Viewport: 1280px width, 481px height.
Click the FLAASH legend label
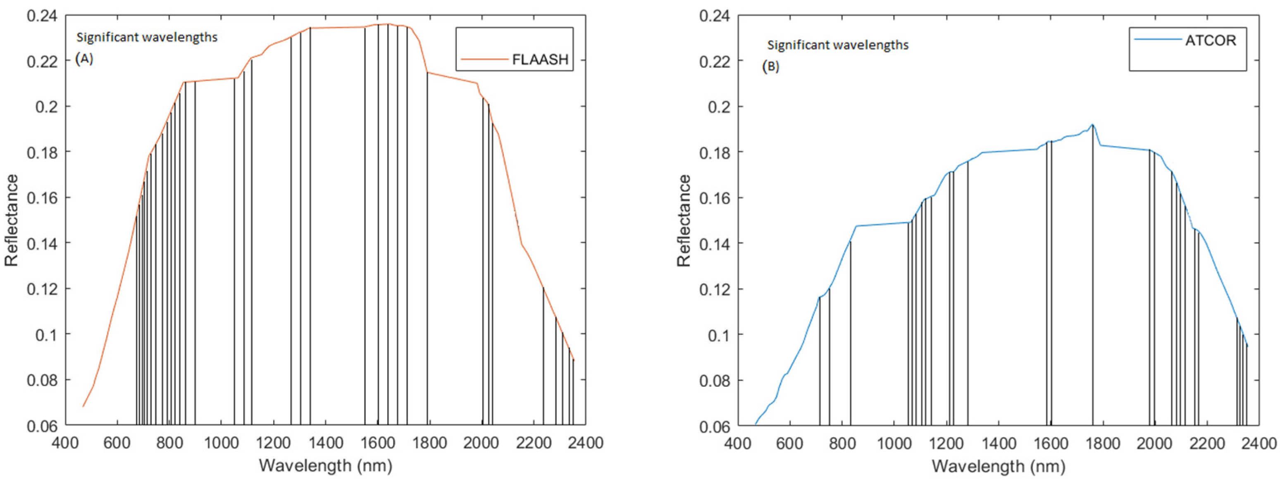pyautogui.click(x=540, y=60)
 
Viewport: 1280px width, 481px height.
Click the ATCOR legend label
pyautogui.click(x=1211, y=40)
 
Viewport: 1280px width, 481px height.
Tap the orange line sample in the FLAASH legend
pyautogui.click(x=484, y=60)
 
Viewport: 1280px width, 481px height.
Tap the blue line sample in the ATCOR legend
pyautogui.click(x=1158, y=39)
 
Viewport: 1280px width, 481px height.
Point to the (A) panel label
pyautogui.click(x=84, y=59)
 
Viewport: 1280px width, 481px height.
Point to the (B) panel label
pyautogui.click(x=771, y=67)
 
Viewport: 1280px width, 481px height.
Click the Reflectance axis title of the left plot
pyautogui.click(x=12, y=220)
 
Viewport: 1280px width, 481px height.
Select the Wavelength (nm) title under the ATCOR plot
pyautogui.click(x=998, y=466)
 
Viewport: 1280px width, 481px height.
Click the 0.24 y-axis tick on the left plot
pyautogui.click(x=42, y=16)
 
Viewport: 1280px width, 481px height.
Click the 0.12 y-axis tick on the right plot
pyautogui.click(x=715, y=289)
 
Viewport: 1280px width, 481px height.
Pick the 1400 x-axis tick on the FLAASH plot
pyautogui.click(x=325, y=442)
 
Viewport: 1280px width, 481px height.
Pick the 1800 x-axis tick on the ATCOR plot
pyautogui.click(x=1103, y=442)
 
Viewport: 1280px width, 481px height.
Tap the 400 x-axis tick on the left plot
pyautogui.click(x=65, y=442)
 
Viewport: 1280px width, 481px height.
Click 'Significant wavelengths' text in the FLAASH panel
pyautogui.click(x=147, y=37)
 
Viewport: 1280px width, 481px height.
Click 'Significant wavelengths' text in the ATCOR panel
pyautogui.click(x=838, y=45)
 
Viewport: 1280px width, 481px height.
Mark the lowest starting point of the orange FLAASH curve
pyautogui.click(x=83, y=407)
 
